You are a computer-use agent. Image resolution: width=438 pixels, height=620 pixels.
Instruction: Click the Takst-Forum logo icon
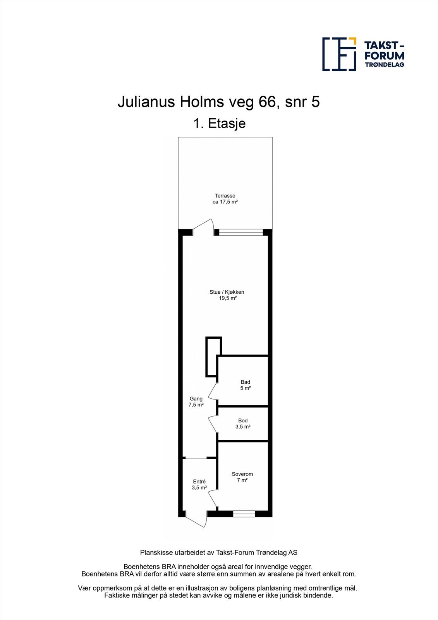[339, 54]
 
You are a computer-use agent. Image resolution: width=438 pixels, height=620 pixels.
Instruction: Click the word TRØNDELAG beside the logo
[385, 65]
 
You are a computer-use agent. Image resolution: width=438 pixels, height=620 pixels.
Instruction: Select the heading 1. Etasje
[219, 124]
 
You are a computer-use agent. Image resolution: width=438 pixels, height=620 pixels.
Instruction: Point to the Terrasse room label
[225, 196]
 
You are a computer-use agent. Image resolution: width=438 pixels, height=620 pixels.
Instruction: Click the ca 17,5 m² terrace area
[225, 202]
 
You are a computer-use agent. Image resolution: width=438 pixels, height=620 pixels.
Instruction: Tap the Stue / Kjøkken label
[227, 292]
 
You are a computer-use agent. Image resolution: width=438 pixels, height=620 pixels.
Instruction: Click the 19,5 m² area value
[227, 298]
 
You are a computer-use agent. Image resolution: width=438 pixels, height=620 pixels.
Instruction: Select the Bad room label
[245, 382]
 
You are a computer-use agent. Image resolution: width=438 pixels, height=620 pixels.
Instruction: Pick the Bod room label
[243, 420]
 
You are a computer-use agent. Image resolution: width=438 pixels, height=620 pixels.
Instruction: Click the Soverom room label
[242, 474]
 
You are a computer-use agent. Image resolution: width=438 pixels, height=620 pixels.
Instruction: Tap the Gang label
[196, 399]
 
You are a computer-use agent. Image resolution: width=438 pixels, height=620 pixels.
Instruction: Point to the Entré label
[199, 482]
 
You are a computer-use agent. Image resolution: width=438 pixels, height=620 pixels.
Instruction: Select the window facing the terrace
[241, 232]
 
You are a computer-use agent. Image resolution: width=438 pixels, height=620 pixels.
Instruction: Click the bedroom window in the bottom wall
[244, 514]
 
